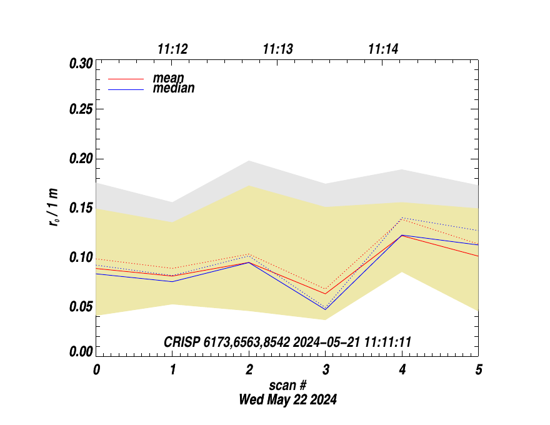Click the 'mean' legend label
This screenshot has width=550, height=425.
point(168,79)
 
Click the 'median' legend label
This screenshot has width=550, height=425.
point(173,89)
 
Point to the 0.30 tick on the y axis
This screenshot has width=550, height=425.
point(81,63)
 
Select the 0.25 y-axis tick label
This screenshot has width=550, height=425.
point(81,109)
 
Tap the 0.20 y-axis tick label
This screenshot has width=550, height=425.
point(81,159)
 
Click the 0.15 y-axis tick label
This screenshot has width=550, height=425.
point(81,207)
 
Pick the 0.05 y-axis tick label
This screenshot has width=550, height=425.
point(81,306)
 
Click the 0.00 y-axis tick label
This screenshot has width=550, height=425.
point(81,352)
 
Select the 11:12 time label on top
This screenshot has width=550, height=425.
point(172,49)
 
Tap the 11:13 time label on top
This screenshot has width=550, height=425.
point(278,49)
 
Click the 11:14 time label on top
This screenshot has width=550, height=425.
point(384,49)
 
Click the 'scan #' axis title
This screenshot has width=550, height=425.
point(287,386)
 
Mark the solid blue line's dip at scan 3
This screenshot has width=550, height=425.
point(326,309)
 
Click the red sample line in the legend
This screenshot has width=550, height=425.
point(126,79)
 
